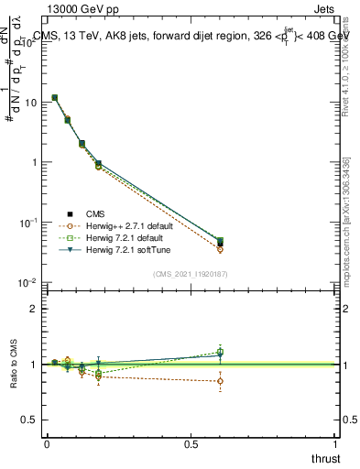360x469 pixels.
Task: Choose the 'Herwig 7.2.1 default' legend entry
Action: pos(119,237)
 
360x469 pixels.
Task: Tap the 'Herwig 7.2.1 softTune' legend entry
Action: pos(121,249)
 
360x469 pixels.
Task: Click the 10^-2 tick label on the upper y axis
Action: pos(27,282)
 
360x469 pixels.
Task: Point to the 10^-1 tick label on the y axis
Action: pos(27,223)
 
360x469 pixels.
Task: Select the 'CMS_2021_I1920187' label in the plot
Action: pos(190,274)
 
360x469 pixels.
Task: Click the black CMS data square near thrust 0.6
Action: pos(220,244)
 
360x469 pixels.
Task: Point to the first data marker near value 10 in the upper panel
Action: pos(55,97)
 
